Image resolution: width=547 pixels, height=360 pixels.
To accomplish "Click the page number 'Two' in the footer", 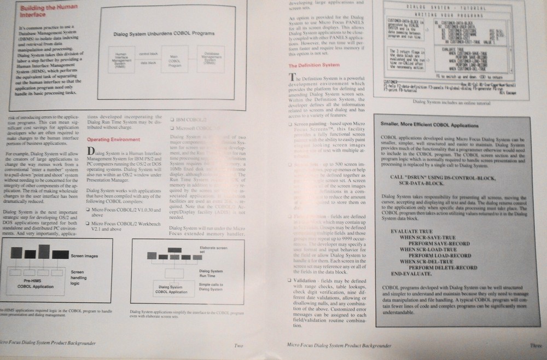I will coord(238,345).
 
